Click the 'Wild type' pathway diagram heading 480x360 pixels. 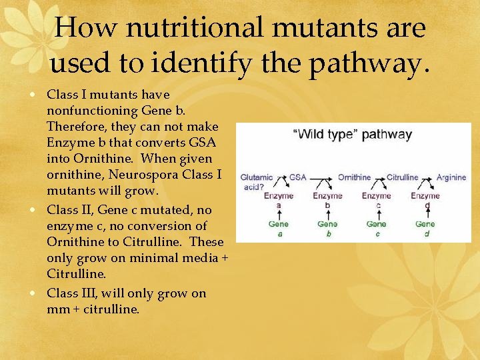point(353,134)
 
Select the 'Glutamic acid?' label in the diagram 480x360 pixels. point(256,182)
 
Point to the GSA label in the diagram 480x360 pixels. point(297,177)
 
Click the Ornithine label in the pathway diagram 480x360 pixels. point(354,177)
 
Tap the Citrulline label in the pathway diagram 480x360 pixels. point(402,177)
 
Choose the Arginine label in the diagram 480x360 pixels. point(451,177)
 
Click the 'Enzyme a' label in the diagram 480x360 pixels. point(279,200)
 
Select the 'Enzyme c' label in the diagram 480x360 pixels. point(377,200)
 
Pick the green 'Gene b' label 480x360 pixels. point(327,228)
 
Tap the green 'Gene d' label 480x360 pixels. point(425,228)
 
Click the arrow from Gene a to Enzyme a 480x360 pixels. point(279,214)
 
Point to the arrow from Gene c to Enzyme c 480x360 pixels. point(377,214)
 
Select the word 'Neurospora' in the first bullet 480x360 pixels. point(139,175)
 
